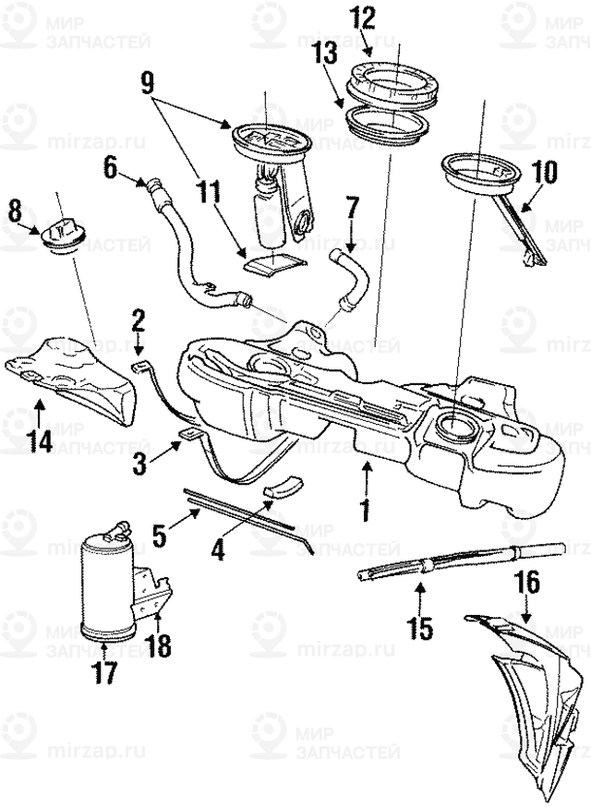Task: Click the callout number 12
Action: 363,18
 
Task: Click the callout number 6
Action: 111,167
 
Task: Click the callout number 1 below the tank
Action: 365,507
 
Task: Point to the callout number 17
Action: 105,673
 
